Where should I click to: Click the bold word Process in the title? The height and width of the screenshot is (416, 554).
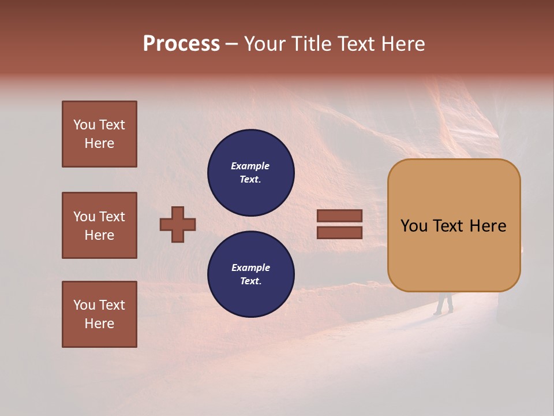click(x=181, y=44)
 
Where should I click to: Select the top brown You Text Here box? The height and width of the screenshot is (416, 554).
click(x=99, y=134)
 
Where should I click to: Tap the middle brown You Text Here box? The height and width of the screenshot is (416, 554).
click(x=99, y=225)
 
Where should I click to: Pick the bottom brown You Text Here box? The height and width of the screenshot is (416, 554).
click(x=99, y=314)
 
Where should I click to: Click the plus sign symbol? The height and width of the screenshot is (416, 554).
click(x=178, y=224)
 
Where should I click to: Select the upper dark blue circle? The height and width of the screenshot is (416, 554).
click(x=250, y=173)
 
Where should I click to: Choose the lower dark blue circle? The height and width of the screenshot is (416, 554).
click(x=250, y=274)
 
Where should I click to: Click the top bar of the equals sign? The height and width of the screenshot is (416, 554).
click(x=339, y=216)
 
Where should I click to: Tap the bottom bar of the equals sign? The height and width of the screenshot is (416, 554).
click(x=339, y=233)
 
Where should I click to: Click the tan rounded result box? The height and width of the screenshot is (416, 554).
click(x=454, y=225)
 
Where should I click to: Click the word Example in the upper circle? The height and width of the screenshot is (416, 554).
click(x=250, y=166)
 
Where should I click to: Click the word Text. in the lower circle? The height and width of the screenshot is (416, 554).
click(x=250, y=281)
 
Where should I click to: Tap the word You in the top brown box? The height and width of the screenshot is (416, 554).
click(x=84, y=125)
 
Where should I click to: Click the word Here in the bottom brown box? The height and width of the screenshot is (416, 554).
click(x=99, y=324)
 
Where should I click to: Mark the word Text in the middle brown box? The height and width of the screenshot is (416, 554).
click(x=112, y=217)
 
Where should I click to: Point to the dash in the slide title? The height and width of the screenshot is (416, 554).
click(x=231, y=44)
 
